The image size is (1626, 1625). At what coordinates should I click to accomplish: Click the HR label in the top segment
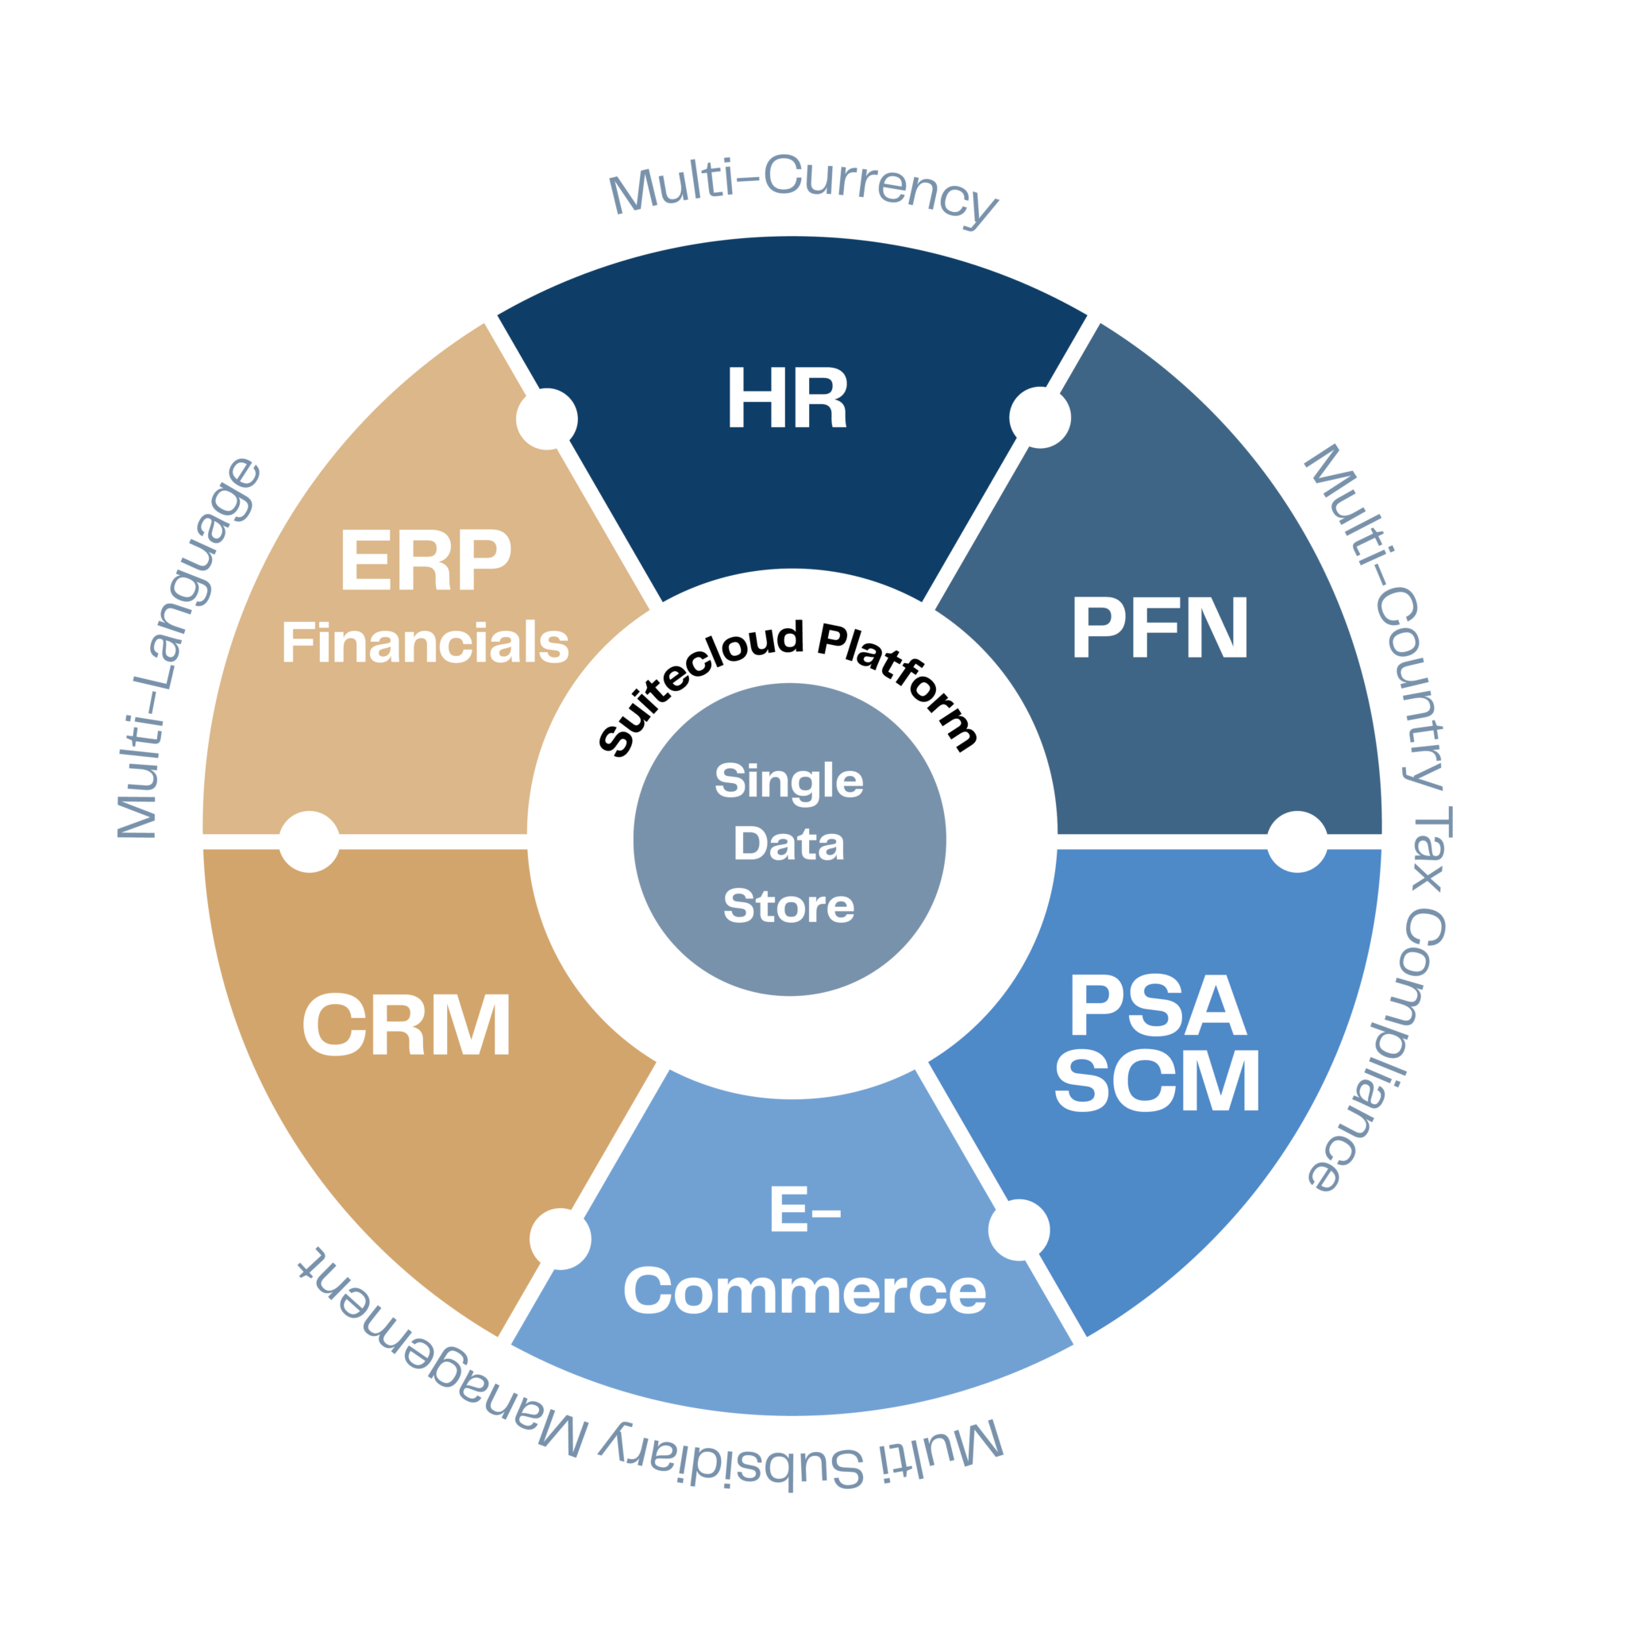click(x=787, y=398)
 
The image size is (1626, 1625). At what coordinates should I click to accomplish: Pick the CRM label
click(x=406, y=1025)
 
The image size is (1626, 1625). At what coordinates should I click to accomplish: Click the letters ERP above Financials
click(x=425, y=561)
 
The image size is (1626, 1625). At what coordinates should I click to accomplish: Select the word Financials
click(x=425, y=643)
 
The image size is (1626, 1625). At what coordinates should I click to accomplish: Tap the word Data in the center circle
click(x=788, y=843)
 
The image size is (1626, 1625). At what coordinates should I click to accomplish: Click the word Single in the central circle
click(x=788, y=781)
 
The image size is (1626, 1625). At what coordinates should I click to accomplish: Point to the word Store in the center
click(x=788, y=906)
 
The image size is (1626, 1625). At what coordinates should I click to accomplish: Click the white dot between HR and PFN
click(x=1039, y=418)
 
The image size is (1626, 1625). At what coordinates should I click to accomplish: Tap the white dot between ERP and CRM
click(x=309, y=842)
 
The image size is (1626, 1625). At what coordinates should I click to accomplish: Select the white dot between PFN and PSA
click(x=1297, y=842)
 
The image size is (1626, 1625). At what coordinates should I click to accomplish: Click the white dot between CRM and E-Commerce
click(x=560, y=1238)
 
